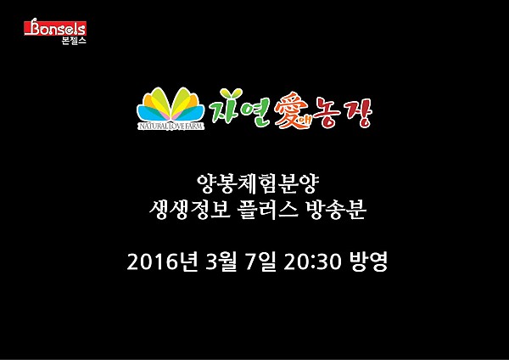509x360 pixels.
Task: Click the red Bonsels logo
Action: [55, 27]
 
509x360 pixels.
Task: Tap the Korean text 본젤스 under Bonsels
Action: [74, 41]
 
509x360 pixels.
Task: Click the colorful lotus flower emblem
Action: [171, 104]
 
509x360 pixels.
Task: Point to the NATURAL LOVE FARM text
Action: [171, 126]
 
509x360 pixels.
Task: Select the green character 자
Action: [227, 106]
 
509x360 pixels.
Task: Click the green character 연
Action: [256, 111]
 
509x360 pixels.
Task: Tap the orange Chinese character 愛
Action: [290, 110]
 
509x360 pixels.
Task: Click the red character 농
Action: [327, 111]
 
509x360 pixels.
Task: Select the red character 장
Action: [358, 112]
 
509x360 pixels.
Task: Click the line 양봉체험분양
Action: [259, 184]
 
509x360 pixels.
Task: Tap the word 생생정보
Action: [189, 210]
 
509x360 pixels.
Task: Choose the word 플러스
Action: [268, 210]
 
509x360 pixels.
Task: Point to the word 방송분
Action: [336, 210]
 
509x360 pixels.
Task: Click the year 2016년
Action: [162, 262]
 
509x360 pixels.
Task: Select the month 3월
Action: [221, 262]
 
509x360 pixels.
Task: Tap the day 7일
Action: [260, 262]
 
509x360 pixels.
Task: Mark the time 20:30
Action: [312, 262]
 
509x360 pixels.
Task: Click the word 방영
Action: [368, 262]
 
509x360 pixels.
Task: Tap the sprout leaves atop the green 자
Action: [231, 93]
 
